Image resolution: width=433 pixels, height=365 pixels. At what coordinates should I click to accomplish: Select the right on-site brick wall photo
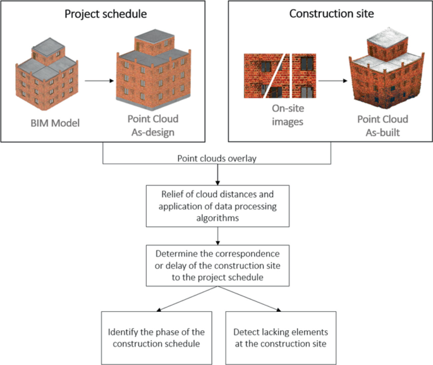tap(302, 76)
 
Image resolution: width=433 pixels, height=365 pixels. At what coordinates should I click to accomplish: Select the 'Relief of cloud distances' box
tap(217, 205)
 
